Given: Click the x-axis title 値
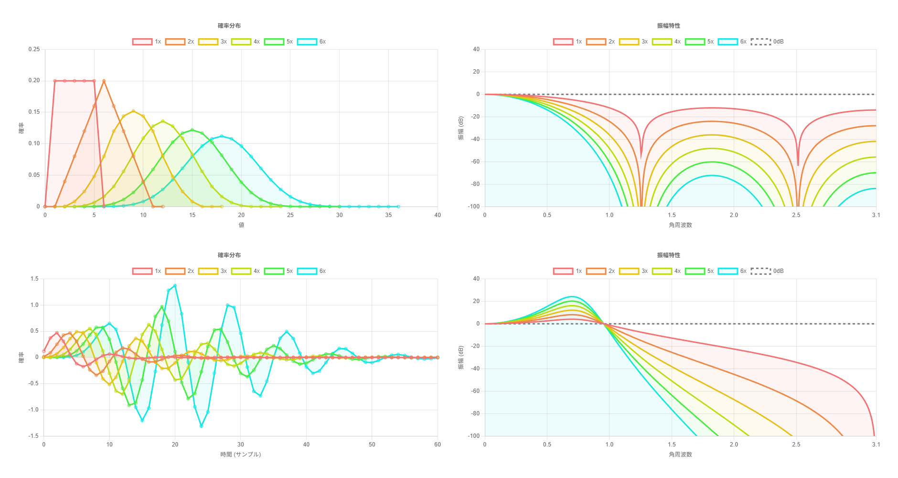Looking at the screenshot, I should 241,225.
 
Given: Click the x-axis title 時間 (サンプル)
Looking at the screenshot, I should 241,454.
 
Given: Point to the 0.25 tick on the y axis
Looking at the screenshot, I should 34,49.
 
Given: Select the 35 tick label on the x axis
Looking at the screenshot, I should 388,215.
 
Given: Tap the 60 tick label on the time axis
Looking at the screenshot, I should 438,445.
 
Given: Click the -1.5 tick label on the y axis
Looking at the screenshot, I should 34,436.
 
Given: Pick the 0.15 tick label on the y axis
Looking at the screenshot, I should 34,112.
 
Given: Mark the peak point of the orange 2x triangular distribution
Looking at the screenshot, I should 104,81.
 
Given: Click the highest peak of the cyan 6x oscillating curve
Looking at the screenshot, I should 175,286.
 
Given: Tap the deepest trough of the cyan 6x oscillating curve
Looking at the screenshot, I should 201,426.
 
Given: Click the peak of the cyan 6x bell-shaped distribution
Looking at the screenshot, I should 222,136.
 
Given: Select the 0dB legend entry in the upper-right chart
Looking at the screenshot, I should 767,42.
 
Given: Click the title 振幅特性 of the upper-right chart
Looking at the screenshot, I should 668,26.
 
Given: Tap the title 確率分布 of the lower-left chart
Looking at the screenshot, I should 229,255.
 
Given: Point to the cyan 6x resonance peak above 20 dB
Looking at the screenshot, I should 572,297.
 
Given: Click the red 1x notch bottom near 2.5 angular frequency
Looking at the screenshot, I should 798,165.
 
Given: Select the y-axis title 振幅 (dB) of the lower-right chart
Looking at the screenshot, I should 461,358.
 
